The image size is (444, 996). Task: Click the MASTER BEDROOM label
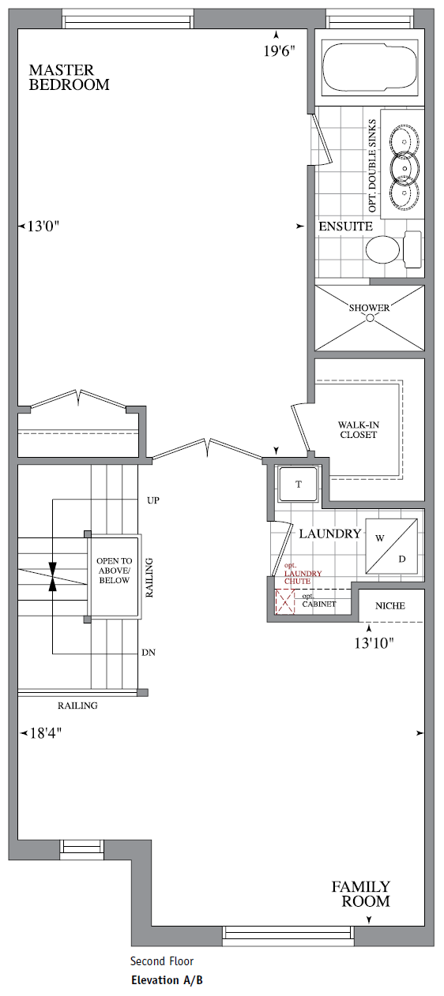point(69,77)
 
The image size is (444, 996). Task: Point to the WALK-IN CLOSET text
point(358,429)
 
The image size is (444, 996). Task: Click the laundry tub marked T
point(298,485)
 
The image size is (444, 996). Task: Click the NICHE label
point(392,605)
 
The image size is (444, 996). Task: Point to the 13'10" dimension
point(373,642)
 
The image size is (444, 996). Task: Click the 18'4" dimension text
point(45,732)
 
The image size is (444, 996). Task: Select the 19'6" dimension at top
point(279,51)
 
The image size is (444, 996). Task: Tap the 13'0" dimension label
point(43,227)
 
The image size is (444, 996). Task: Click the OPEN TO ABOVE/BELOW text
point(113,571)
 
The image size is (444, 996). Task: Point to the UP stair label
point(154,500)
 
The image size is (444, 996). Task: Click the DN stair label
point(148,653)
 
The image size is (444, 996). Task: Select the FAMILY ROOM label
point(360,893)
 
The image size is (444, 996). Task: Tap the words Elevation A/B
point(167,981)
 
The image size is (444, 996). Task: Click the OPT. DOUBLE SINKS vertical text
point(373,166)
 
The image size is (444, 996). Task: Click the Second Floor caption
point(162,961)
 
